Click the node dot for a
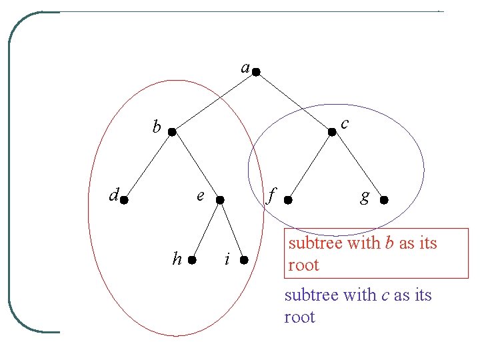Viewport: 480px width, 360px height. pyautogui.click(x=255, y=70)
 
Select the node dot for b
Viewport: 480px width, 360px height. pyautogui.click(x=171, y=133)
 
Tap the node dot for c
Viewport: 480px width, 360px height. pyautogui.click(x=332, y=132)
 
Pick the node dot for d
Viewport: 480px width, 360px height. pyautogui.click(x=124, y=199)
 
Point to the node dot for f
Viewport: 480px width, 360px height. pyautogui.click(x=287, y=199)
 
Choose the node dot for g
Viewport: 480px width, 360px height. pyautogui.click(x=383, y=199)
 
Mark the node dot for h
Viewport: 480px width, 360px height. pyautogui.click(x=192, y=260)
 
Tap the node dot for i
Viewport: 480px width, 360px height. pyautogui.click(x=245, y=259)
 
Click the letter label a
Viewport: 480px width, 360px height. pyautogui.click(x=245, y=68)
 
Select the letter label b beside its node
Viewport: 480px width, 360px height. pyautogui.click(x=157, y=126)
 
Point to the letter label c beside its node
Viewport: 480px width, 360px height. pyautogui.click(x=344, y=124)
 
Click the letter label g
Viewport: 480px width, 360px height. pyautogui.click(x=365, y=197)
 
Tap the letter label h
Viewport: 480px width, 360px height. pyautogui.click(x=177, y=259)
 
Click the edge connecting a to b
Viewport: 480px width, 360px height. pyautogui.click(x=213, y=101)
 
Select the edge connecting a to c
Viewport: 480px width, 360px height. pyautogui.click(x=293, y=101)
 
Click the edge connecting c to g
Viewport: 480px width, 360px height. pyautogui.click(x=357, y=165)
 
